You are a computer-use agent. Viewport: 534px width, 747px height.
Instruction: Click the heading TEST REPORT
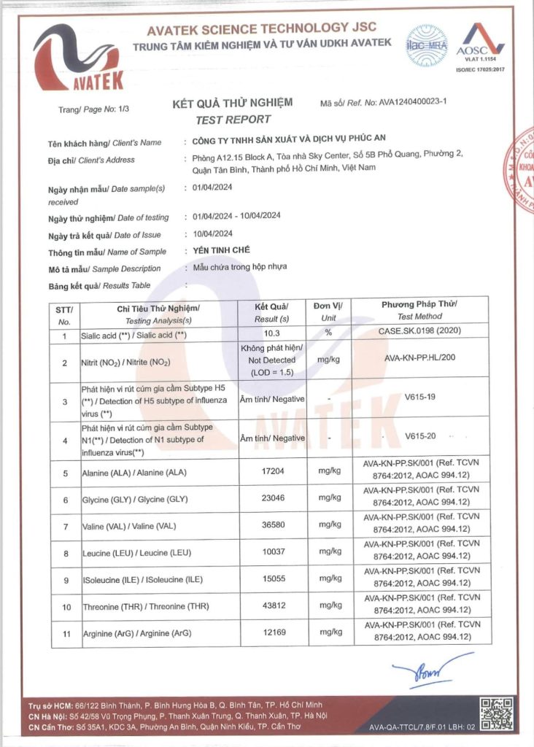coord(233,120)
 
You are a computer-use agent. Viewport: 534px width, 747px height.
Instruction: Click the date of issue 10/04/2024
coord(212,234)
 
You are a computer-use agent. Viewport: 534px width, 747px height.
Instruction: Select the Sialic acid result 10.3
coord(271,335)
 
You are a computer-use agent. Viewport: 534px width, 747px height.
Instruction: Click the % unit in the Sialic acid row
coord(329,333)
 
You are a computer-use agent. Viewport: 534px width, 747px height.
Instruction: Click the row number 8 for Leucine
coord(66,554)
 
